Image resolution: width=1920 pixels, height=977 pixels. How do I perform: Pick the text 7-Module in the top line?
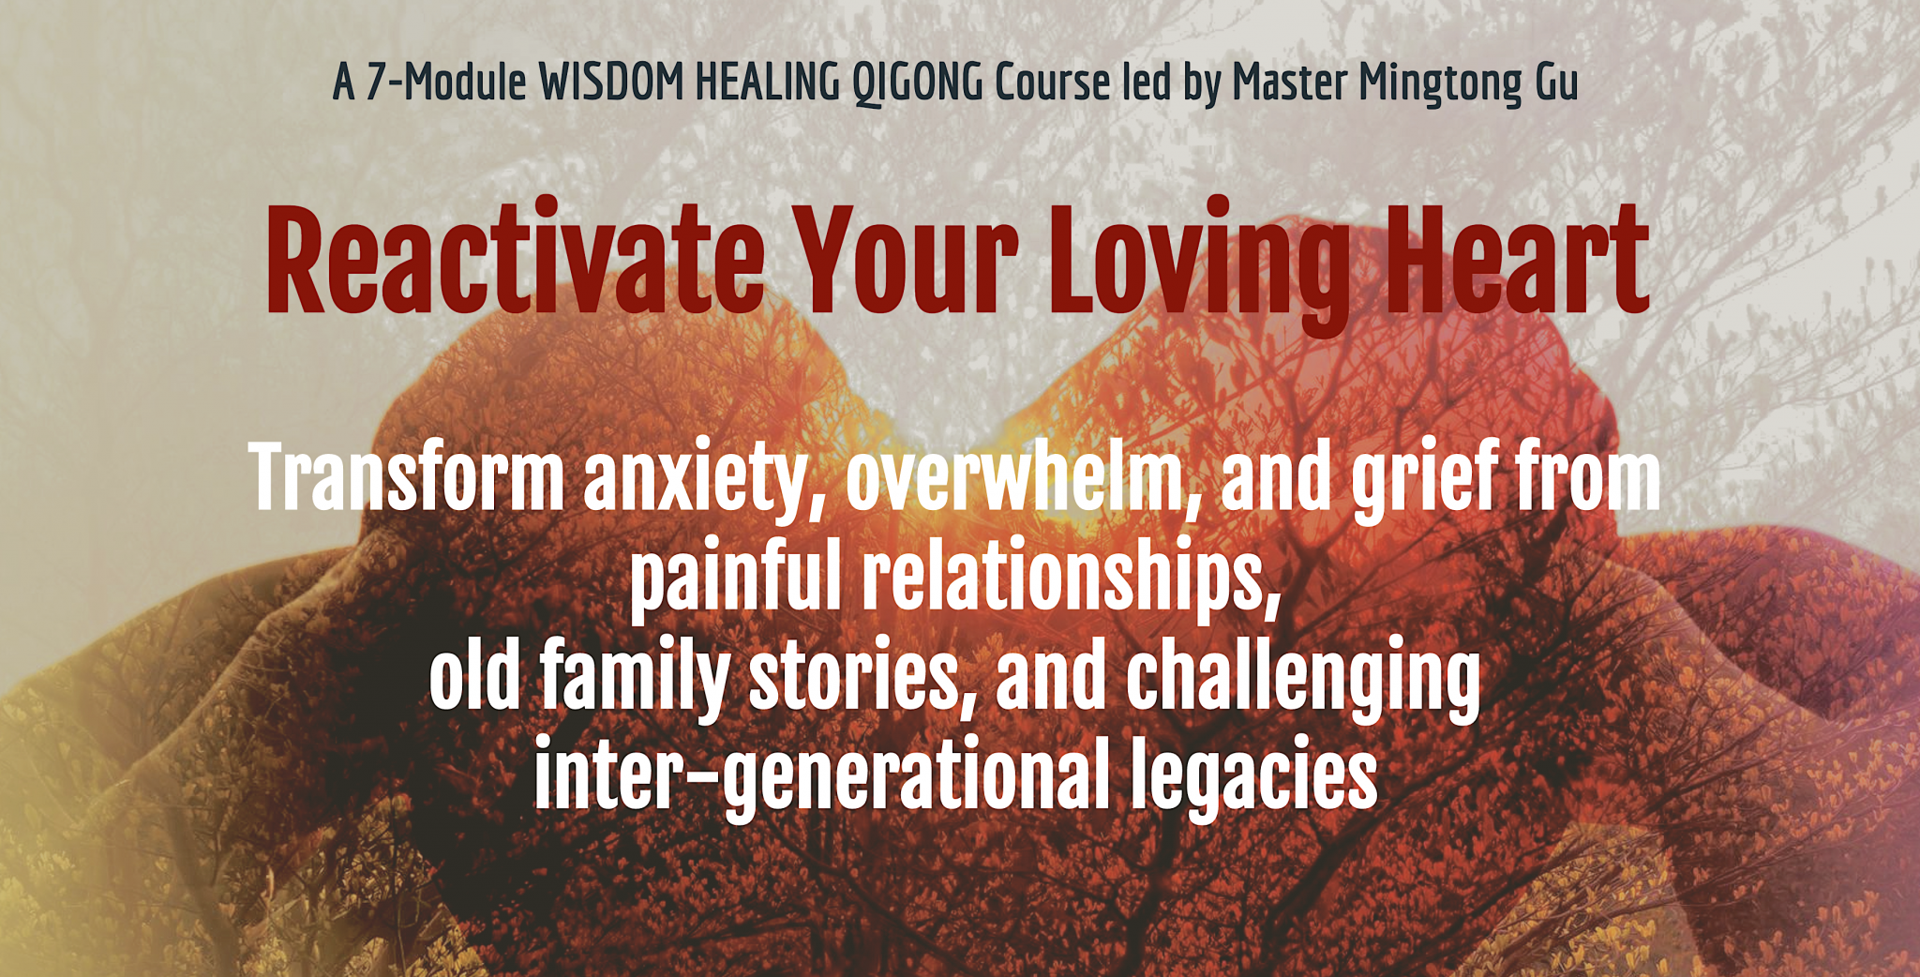tap(445, 83)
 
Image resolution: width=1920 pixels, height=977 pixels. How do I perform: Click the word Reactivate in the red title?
tap(516, 258)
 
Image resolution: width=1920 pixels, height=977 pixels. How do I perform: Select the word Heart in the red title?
tap(1517, 258)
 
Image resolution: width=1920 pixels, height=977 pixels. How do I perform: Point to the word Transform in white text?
tap(406, 477)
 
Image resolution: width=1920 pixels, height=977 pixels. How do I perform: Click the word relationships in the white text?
tap(1072, 579)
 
